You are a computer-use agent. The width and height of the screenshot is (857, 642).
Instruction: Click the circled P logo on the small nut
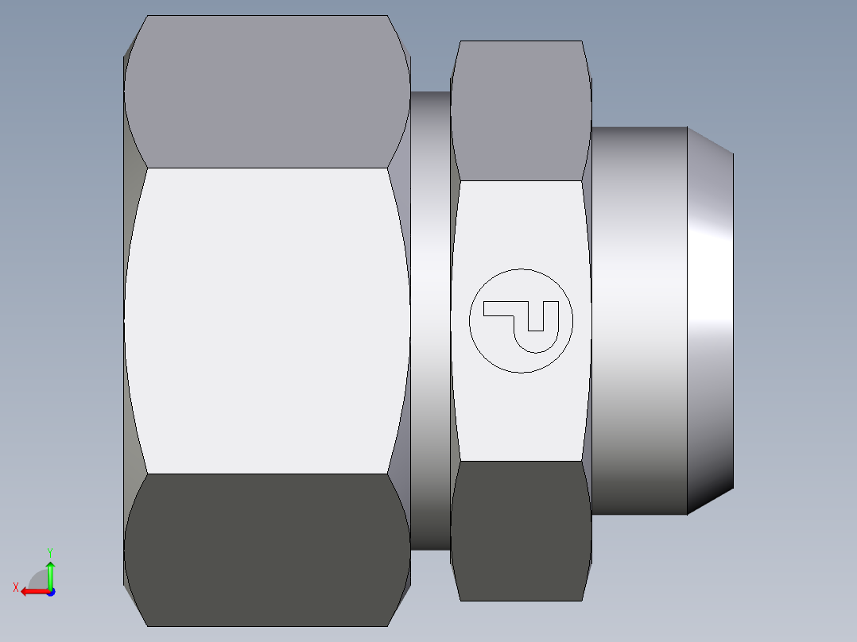(x=521, y=320)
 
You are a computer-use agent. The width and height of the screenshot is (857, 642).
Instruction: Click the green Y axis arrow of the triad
(x=50, y=570)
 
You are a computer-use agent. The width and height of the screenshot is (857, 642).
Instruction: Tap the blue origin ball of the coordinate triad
(x=50, y=591)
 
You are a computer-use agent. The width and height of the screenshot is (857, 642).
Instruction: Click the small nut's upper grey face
(x=521, y=111)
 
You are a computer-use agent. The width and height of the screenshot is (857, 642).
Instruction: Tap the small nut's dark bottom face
(x=521, y=528)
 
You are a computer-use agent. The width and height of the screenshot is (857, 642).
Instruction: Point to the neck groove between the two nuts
(x=430, y=320)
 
